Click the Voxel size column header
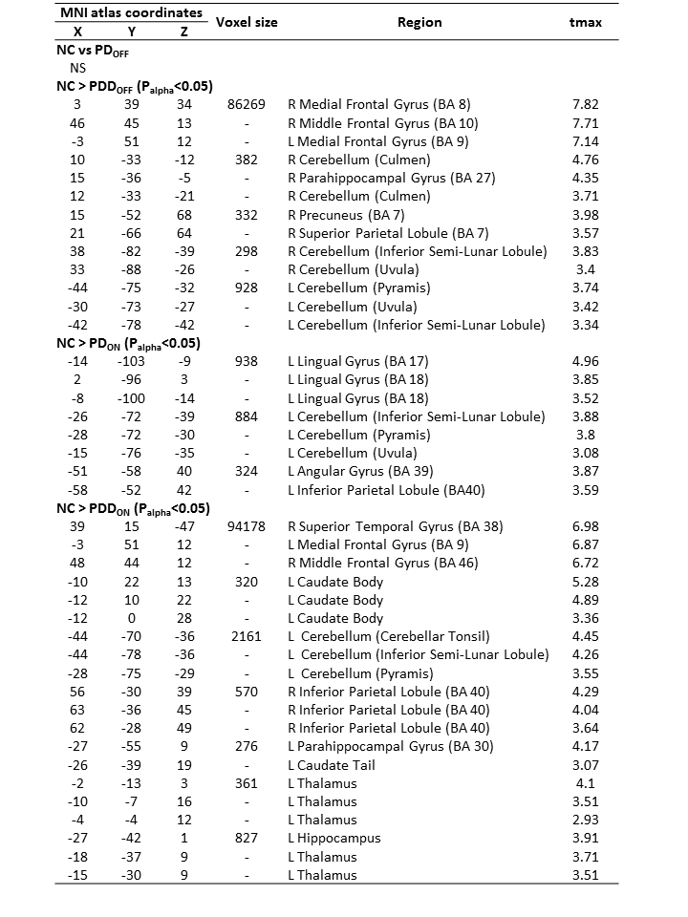coord(247,22)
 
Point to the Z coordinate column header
coord(183,31)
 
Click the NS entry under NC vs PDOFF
coord(77,68)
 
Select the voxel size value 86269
coord(246,104)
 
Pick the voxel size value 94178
coord(246,526)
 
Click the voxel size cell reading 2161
coord(246,636)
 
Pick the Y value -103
coord(129,361)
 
